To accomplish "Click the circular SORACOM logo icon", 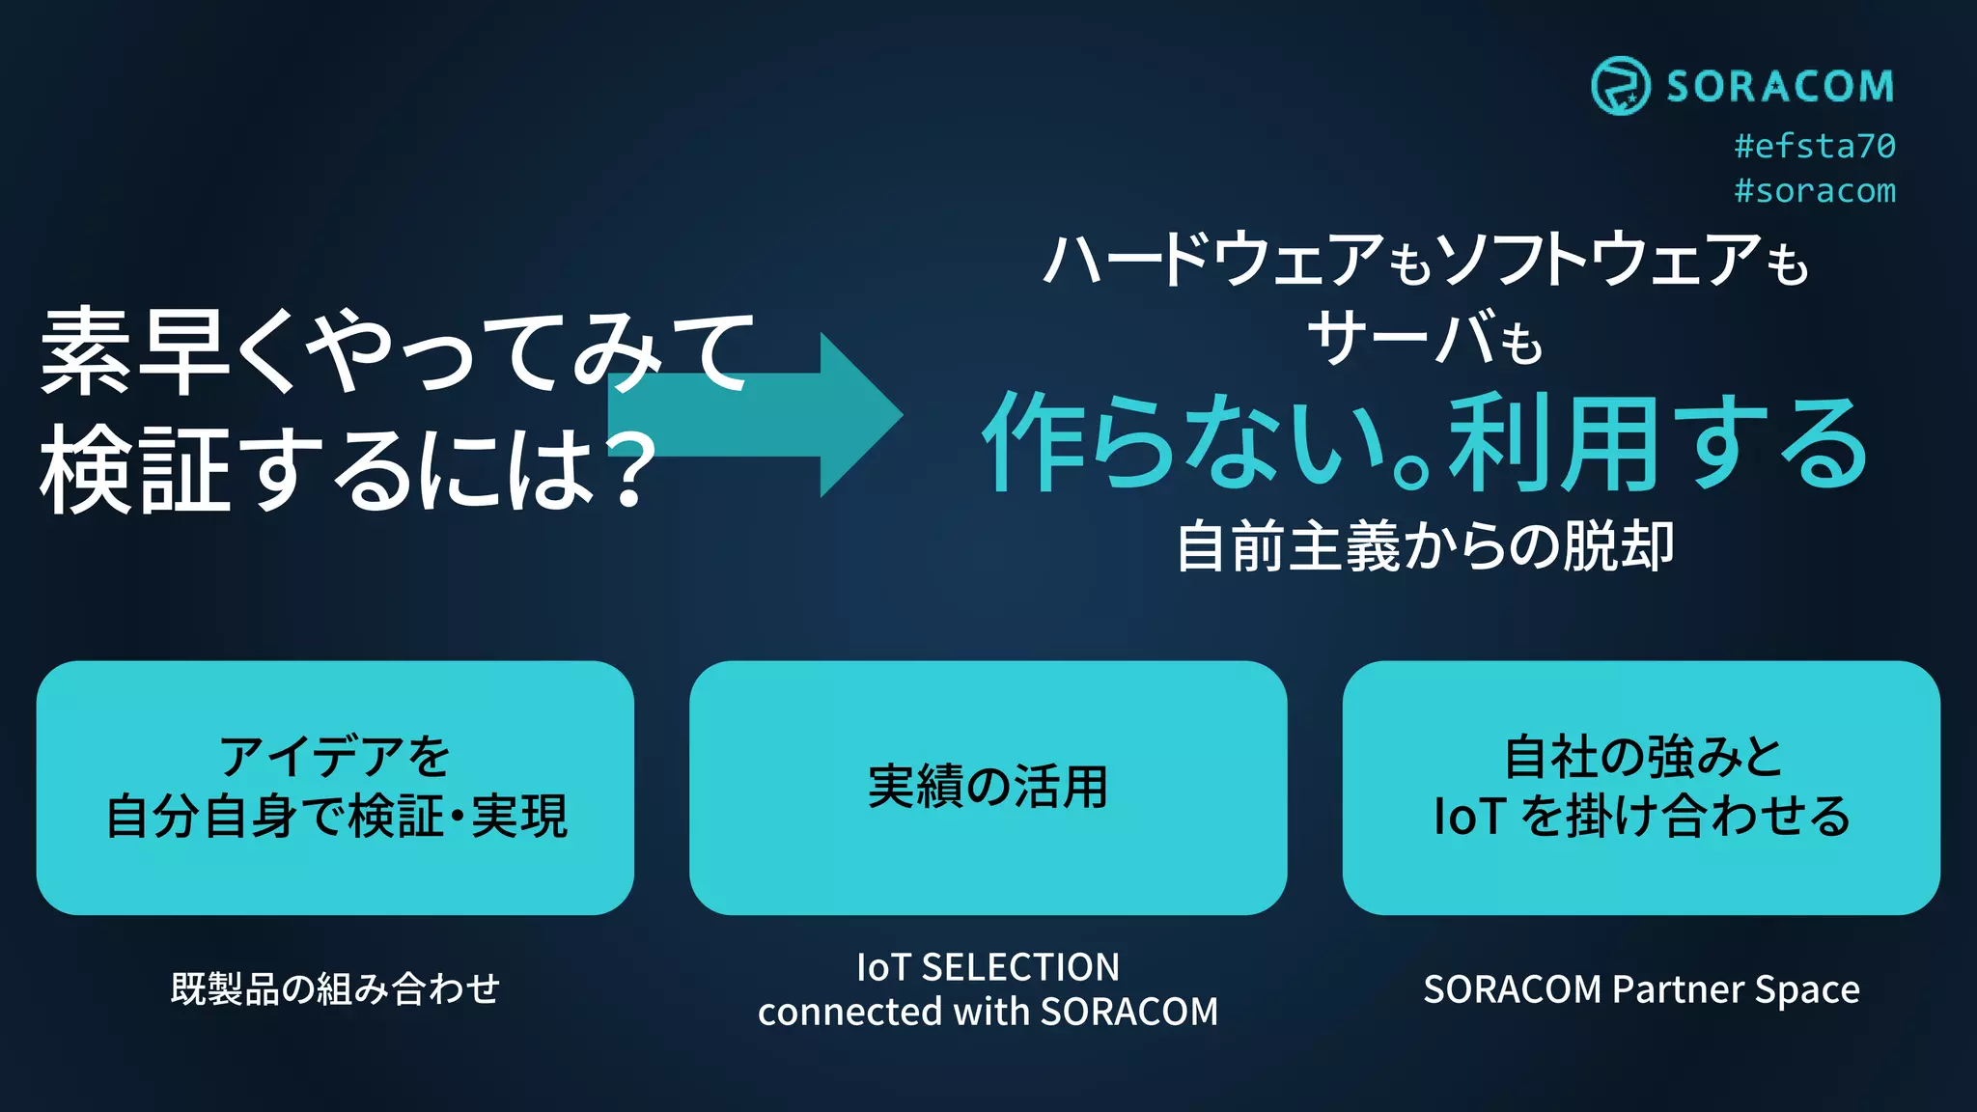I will pyautogui.click(x=1620, y=86).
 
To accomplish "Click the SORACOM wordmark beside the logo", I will pyautogui.click(x=1780, y=87).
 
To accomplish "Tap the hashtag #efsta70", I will pyautogui.click(x=1815, y=146).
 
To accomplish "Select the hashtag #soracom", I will pyautogui.click(x=1815, y=190).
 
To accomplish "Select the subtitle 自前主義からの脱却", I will pyautogui.click(x=1425, y=546).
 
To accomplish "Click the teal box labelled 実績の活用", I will pyautogui.click(x=988, y=787).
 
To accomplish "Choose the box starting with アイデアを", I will pyautogui.click(x=335, y=787).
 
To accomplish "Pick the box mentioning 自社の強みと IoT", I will pyautogui.click(x=1641, y=787).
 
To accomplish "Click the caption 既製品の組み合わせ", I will pyautogui.click(x=335, y=988).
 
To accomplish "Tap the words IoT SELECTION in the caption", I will pyautogui.click(x=988, y=966).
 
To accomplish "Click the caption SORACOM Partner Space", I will pyautogui.click(x=1641, y=989).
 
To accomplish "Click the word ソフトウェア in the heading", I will pyautogui.click(x=1598, y=261).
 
